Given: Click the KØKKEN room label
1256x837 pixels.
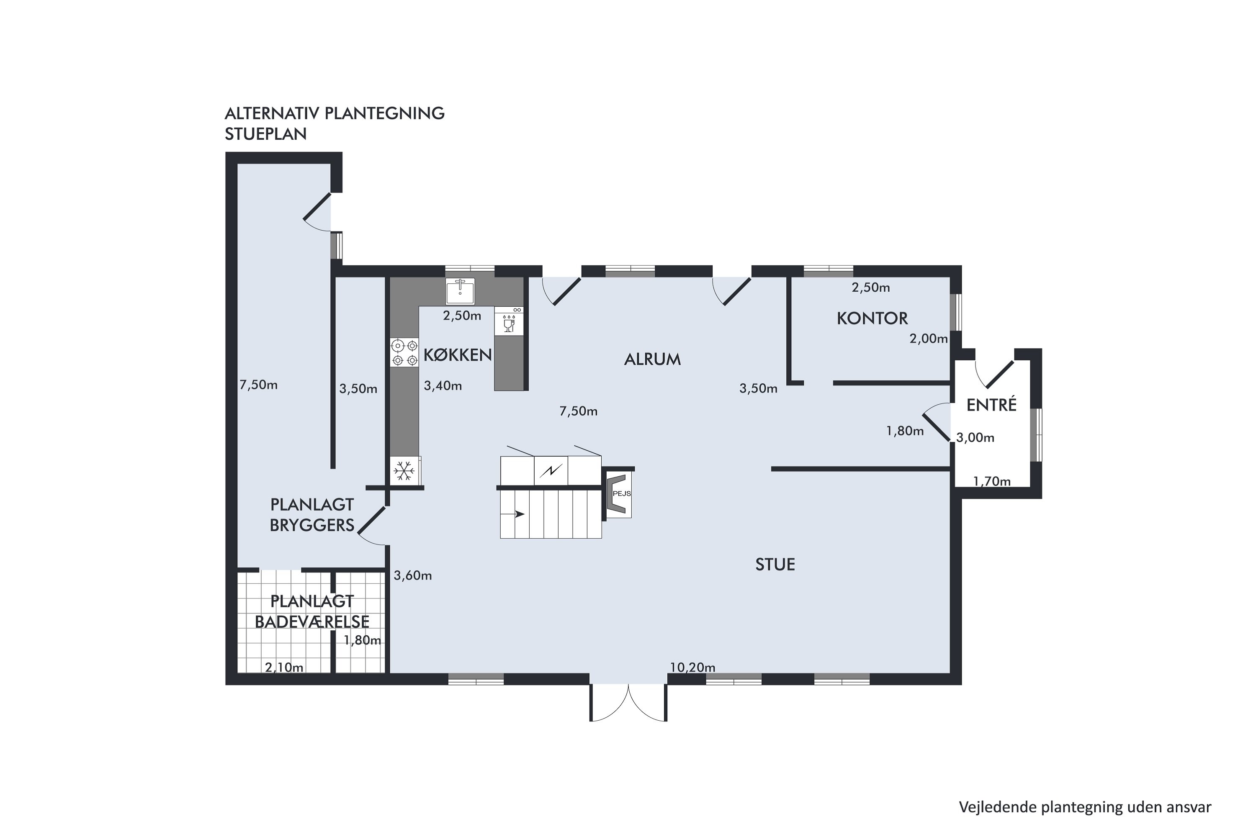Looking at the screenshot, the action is click(x=457, y=355).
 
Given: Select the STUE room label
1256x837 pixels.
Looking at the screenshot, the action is click(x=775, y=565).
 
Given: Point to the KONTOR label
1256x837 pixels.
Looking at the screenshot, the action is click(x=872, y=318).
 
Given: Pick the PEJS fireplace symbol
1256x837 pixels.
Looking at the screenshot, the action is click(x=618, y=494).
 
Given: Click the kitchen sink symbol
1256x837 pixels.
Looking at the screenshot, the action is click(x=460, y=291).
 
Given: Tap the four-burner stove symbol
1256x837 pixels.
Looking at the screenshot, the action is click(x=404, y=353).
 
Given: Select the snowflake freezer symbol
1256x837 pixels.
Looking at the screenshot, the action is click(x=404, y=471).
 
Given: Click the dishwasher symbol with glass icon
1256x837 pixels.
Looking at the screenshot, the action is click(x=508, y=321).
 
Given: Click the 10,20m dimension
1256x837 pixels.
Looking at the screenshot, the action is click(x=692, y=667).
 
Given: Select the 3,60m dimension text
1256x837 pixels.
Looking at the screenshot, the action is click(x=413, y=575).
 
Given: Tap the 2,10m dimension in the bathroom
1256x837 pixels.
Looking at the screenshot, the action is click(x=284, y=667).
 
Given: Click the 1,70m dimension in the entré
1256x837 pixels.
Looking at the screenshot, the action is click(x=992, y=482).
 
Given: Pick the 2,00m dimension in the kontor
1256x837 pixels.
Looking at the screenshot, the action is click(x=929, y=339).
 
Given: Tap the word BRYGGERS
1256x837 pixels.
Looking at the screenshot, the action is click(x=312, y=525).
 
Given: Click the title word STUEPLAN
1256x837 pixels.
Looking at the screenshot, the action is click(x=265, y=134).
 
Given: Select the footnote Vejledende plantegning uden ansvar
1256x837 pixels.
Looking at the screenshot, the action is click(x=1085, y=807).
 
